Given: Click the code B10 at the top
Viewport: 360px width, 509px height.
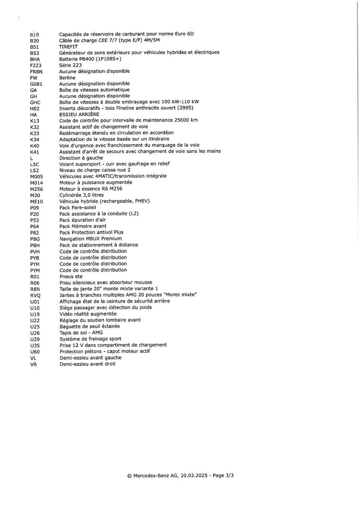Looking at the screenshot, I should tap(34, 35).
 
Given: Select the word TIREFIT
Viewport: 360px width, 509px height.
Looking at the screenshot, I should tap(68, 47).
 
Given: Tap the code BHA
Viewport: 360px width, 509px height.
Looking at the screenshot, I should tap(35, 59).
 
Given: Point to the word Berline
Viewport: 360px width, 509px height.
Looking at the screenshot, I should tap(67, 78).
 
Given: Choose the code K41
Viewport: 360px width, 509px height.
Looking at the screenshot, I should tap(35, 152).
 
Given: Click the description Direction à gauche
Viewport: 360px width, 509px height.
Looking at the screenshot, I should tap(81, 158).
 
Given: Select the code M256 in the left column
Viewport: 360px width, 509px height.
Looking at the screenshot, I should tap(36, 189).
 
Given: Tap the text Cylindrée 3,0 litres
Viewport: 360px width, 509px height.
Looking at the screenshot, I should tap(82, 195).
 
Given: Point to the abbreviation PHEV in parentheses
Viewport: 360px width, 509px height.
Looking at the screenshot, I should tap(141, 201).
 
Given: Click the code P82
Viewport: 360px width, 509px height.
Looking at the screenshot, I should tap(35, 233).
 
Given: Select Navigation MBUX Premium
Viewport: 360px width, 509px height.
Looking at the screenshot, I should tap(91, 239).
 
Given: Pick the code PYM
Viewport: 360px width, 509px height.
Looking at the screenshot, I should tap(35, 270).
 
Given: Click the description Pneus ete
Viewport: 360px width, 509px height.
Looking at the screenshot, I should tap(71, 276).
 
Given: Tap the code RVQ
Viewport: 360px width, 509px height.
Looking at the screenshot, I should tap(35, 295).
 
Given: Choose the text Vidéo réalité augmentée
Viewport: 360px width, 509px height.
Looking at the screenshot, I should tap(88, 314).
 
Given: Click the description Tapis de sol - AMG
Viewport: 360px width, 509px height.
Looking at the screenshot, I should tap(81, 332).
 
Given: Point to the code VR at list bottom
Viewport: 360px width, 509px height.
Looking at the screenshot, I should tap(33, 364).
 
